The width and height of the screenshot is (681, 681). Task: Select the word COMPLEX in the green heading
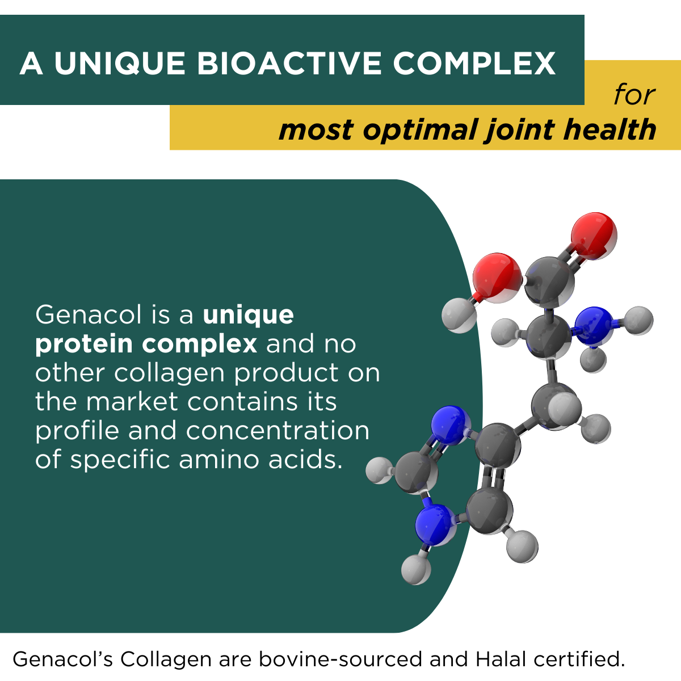(474, 63)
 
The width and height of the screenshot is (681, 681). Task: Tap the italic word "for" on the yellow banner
(634, 94)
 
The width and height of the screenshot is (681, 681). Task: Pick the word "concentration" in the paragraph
(278, 431)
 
